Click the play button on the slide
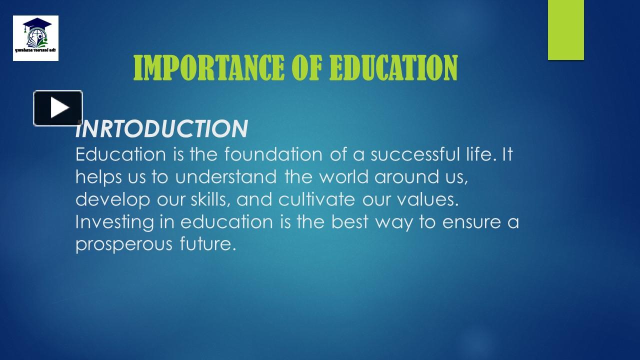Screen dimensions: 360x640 pyautogui.click(x=58, y=108)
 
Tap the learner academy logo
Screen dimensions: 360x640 pyautogui.click(x=35, y=38)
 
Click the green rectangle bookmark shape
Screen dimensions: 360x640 pyautogui.click(x=565, y=30)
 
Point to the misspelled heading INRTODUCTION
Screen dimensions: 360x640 pyautogui.click(x=161, y=129)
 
